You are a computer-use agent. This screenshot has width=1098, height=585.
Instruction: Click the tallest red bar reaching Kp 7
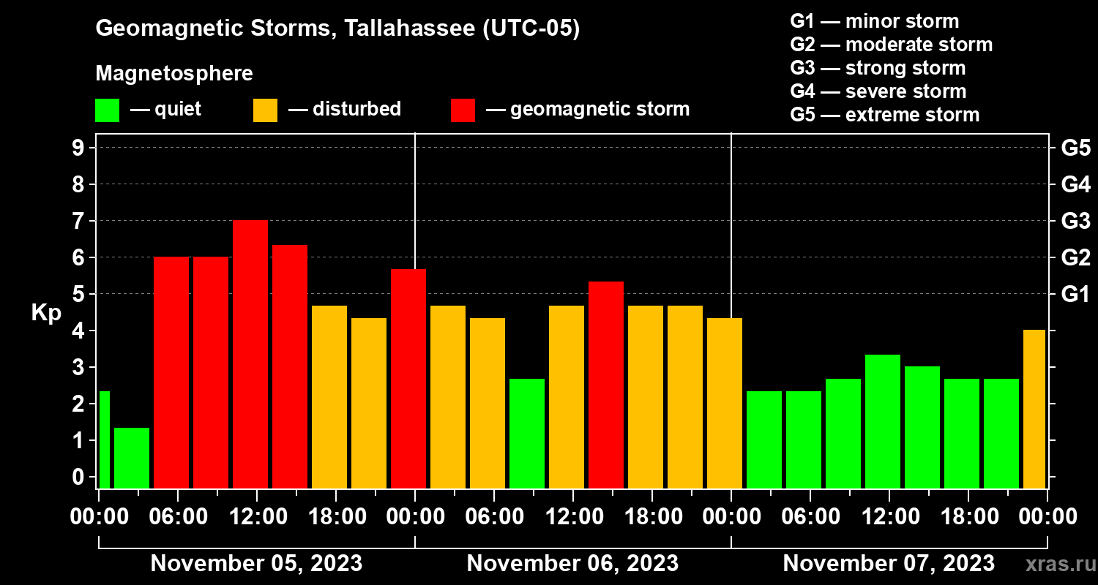pyautogui.click(x=250, y=354)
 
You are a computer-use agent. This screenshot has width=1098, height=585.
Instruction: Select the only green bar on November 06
pyautogui.click(x=527, y=433)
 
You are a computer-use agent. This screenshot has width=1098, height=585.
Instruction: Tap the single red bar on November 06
pyautogui.click(x=606, y=385)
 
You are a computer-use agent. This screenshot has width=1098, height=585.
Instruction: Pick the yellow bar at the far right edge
pyautogui.click(x=1034, y=409)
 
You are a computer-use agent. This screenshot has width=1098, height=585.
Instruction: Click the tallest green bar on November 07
pyautogui.click(x=883, y=421)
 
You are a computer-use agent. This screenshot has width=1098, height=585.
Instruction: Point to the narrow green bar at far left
pyautogui.click(x=104, y=439)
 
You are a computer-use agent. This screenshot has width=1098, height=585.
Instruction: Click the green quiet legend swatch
pyautogui.click(x=107, y=110)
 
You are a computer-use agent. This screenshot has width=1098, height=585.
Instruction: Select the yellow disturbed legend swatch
pyautogui.click(x=265, y=110)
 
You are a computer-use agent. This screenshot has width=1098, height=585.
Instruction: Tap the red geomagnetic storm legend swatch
pyautogui.click(x=463, y=110)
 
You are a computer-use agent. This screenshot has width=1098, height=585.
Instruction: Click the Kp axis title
pyautogui.click(x=46, y=313)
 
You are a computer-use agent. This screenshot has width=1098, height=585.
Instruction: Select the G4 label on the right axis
pyautogui.click(x=1075, y=184)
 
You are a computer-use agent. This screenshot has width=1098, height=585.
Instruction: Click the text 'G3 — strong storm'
pyautogui.click(x=878, y=68)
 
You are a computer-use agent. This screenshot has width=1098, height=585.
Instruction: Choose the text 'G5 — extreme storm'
pyautogui.click(x=884, y=115)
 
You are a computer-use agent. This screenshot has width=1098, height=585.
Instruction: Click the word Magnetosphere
pyautogui.click(x=174, y=74)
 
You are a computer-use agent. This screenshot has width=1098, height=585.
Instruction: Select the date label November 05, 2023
pyautogui.click(x=256, y=563)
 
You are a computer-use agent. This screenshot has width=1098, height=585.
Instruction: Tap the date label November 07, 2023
pyautogui.click(x=889, y=563)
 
